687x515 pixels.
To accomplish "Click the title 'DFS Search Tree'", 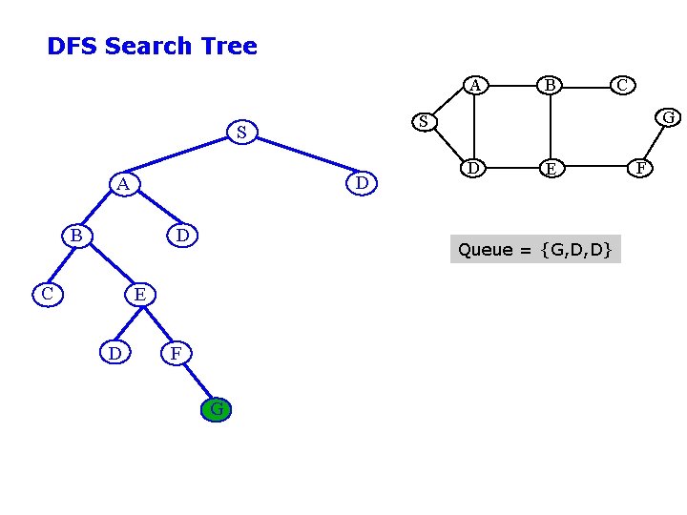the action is tap(152, 46).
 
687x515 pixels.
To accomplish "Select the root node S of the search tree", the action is tap(241, 132).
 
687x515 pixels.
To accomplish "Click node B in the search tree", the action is tap(75, 235).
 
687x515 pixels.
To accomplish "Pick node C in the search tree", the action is tap(47, 294).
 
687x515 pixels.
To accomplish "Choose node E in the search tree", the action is tap(139, 294).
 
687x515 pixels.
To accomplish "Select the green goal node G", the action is tap(217, 410).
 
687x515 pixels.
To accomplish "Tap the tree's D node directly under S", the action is tap(362, 182).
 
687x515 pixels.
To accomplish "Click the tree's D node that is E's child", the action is tap(114, 354).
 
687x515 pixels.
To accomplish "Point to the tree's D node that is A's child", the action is tap(182, 235).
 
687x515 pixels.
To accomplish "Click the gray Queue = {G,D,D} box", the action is tap(535, 250).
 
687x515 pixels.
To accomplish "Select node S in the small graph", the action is tap(424, 121).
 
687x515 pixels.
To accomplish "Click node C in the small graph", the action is tap(621, 86).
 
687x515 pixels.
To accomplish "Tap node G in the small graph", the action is tap(669, 117).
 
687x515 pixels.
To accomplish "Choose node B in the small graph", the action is tap(550, 86).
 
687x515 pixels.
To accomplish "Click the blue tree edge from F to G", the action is tap(197, 381).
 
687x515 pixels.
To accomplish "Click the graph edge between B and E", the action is tap(551, 127).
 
